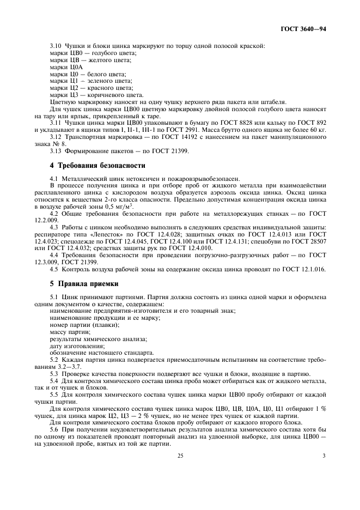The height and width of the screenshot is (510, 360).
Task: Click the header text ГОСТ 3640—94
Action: tap(304, 29)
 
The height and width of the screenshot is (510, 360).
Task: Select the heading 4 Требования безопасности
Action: tap(97, 165)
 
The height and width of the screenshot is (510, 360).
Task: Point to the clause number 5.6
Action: tap(56, 429)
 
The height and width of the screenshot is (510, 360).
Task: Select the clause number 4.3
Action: tap(54, 227)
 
